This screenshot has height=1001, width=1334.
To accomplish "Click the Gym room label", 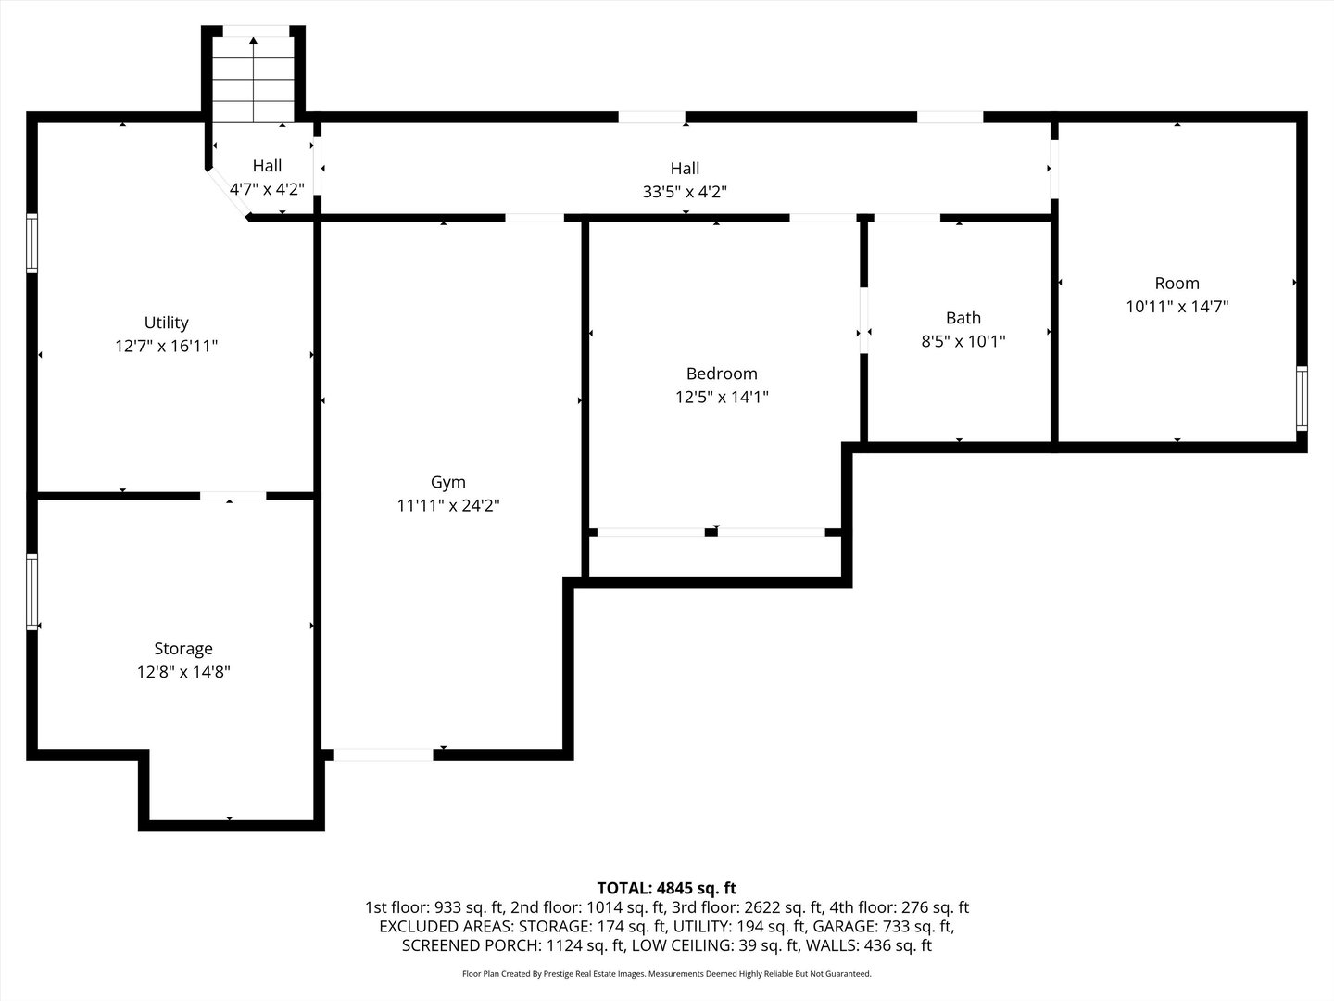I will click(447, 482).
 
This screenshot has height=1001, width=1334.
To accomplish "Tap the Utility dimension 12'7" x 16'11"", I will click(167, 346).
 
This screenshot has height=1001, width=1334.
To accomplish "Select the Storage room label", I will click(183, 649).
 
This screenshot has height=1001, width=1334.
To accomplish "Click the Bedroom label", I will click(722, 374).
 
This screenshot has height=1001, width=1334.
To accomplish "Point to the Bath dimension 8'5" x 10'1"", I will click(963, 341).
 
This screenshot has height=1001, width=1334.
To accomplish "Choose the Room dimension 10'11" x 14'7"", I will click(1177, 307).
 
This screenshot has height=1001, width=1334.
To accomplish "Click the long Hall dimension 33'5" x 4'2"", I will click(685, 192).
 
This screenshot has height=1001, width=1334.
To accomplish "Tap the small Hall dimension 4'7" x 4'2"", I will click(267, 189).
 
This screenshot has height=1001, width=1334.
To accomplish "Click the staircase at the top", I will click(254, 78).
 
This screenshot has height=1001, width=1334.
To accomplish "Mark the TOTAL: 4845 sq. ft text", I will click(666, 888).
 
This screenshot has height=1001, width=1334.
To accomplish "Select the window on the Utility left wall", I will click(31, 243).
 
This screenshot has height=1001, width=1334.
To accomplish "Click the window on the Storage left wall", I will click(31, 591).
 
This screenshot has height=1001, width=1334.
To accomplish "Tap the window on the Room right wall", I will click(1302, 399).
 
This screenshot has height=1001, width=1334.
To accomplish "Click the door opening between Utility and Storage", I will click(233, 496).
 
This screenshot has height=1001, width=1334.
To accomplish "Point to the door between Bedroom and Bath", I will click(863, 322).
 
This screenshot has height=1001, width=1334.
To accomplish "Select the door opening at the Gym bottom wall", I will click(384, 755).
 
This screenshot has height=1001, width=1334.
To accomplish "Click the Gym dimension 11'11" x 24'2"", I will click(447, 505).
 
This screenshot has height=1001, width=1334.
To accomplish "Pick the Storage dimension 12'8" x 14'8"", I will click(183, 672).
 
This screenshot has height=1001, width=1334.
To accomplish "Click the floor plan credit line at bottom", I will click(666, 974).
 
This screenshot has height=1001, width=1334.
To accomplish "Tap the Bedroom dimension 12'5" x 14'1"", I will click(722, 397).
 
